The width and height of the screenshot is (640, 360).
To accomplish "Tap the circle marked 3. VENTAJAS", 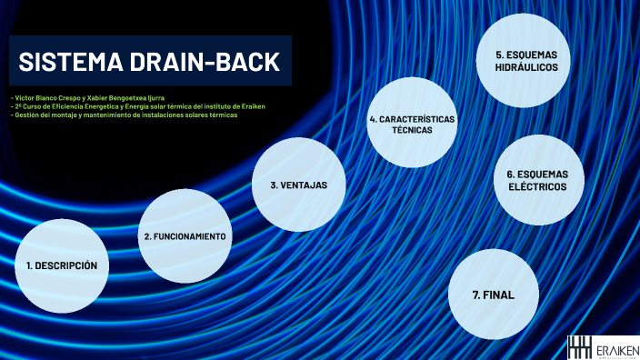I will (298, 185).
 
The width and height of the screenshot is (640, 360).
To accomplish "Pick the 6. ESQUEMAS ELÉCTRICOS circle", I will (536, 180).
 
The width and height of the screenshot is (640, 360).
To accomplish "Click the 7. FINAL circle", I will (494, 295).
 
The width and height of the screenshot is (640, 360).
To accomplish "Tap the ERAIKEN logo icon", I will (579, 346).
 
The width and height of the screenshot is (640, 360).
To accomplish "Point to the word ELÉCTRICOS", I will (536, 186).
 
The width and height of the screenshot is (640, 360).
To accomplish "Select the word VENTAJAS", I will (305, 185).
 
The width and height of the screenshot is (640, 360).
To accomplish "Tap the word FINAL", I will (499, 295).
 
